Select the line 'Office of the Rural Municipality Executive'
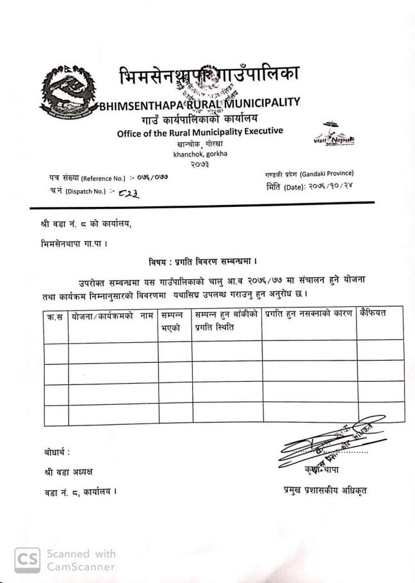click(x=199, y=132)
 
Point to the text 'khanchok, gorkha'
click(x=200, y=153)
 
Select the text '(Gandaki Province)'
click(x=326, y=174)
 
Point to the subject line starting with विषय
click(x=202, y=261)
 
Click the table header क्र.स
click(x=56, y=316)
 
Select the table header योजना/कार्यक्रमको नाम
click(x=113, y=316)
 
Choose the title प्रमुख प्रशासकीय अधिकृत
click(x=325, y=491)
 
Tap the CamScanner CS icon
click(x=26, y=559)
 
